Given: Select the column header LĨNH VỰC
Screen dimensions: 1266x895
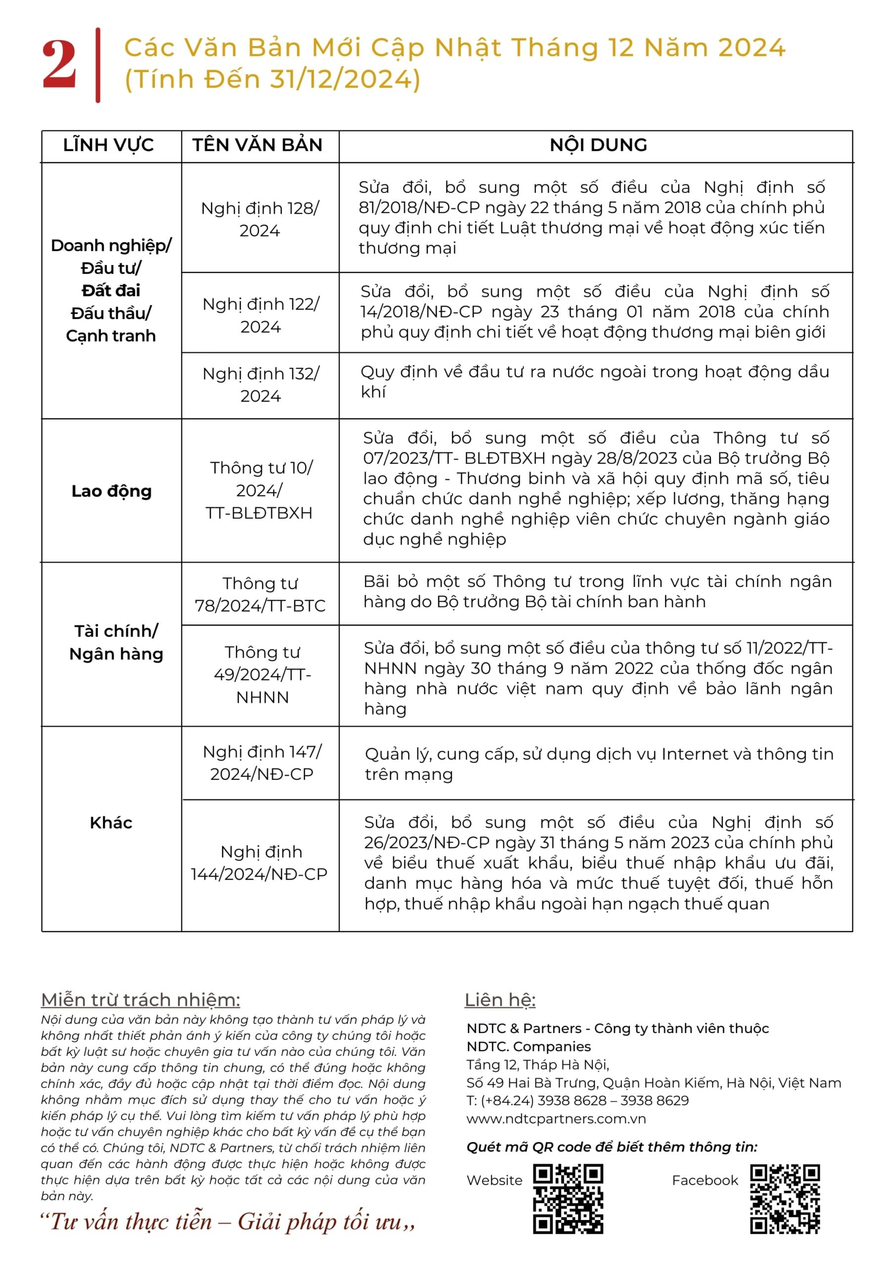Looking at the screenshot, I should [x=108, y=145].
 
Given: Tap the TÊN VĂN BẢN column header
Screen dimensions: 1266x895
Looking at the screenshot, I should [x=257, y=145].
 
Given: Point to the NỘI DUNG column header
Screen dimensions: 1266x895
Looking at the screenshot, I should [x=598, y=145].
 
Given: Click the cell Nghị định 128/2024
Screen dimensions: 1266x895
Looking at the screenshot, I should [x=260, y=219].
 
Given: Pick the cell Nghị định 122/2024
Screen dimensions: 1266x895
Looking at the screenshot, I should [x=260, y=315].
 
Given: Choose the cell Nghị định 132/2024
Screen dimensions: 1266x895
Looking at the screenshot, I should [x=260, y=384].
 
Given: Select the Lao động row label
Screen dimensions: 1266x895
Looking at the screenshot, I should [x=111, y=491].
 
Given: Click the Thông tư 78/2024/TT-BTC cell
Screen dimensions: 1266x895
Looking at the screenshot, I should [x=260, y=594].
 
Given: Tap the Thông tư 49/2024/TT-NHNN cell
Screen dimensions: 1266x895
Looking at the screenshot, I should [x=262, y=675].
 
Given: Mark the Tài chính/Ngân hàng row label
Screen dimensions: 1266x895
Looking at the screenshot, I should [x=116, y=642].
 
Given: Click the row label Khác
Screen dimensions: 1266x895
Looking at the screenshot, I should [x=111, y=823].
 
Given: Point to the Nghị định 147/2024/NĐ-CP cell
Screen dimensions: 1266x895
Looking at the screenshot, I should [x=262, y=763].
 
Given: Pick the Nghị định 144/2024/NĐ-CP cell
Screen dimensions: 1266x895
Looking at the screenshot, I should [x=260, y=862].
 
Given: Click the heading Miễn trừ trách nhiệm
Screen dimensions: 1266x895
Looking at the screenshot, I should [x=140, y=999].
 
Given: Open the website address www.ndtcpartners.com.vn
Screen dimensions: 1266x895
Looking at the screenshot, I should [x=556, y=1118].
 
